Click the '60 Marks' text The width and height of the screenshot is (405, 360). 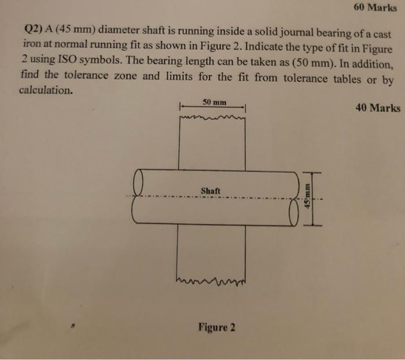(x=373, y=9)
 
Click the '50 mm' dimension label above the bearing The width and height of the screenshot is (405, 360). (x=214, y=102)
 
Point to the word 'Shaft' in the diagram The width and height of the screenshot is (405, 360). (x=211, y=190)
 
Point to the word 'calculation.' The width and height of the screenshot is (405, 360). (x=46, y=91)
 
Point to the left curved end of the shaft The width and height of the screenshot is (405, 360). (x=138, y=196)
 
